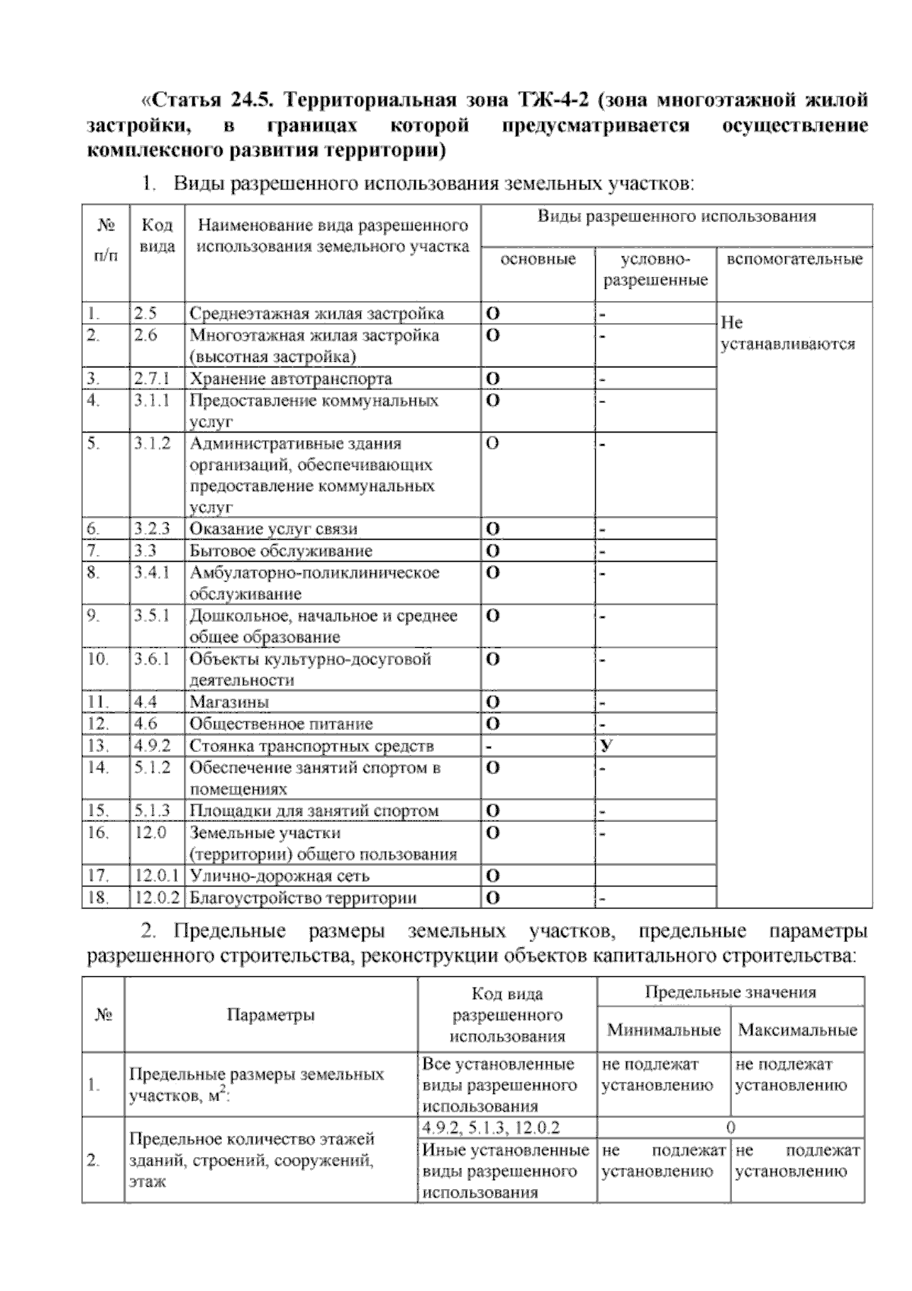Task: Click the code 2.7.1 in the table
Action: [x=152, y=379]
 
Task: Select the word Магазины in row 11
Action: [x=230, y=702]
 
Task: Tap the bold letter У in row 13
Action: [x=606, y=746]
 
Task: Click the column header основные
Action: [x=537, y=259]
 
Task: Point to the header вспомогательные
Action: [x=794, y=259]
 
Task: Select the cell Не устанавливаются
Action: [x=787, y=333]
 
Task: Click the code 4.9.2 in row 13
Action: [x=152, y=746]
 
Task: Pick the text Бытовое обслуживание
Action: [x=280, y=550]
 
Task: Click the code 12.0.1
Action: [x=157, y=876]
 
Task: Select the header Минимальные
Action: [x=663, y=1031]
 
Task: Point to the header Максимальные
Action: [x=797, y=1031]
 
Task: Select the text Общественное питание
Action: [x=281, y=724]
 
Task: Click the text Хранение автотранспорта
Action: [x=290, y=379]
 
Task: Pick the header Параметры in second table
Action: [x=271, y=1015]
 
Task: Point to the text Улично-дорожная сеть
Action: [x=279, y=876]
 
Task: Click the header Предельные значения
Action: [x=730, y=992]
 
